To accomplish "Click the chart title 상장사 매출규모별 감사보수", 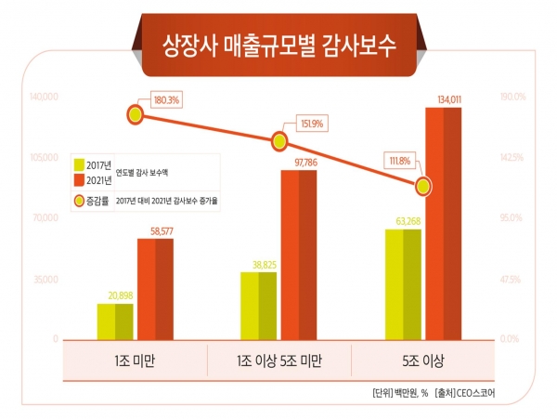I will pyautogui.click(x=278, y=45).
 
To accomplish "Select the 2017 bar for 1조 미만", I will pyautogui.click(x=115, y=321).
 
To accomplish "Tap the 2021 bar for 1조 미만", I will pyautogui.click(x=155, y=289).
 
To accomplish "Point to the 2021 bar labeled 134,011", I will pyautogui.click(x=443, y=223).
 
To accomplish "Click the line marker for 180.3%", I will pyautogui.click(x=136, y=114).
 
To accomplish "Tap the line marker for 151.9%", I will pyautogui.click(x=279, y=141).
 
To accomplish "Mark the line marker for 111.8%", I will pyautogui.click(x=423, y=186).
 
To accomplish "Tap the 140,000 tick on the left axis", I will pyautogui.click(x=44, y=97).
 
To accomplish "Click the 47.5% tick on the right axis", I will pyautogui.click(x=514, y=279).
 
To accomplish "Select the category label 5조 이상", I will pyautogui.click(x=423, y=360).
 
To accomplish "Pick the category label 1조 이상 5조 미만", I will pyautogui.click(x=279, y=360).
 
